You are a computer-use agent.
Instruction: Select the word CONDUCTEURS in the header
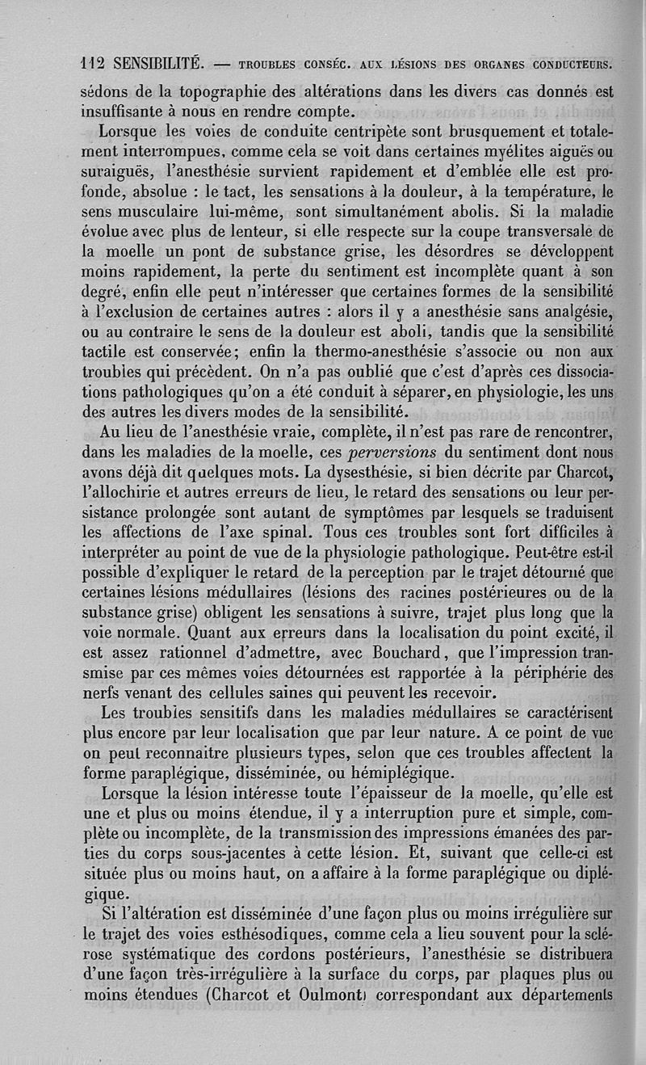pyautogui.click(x=569, y=63)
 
